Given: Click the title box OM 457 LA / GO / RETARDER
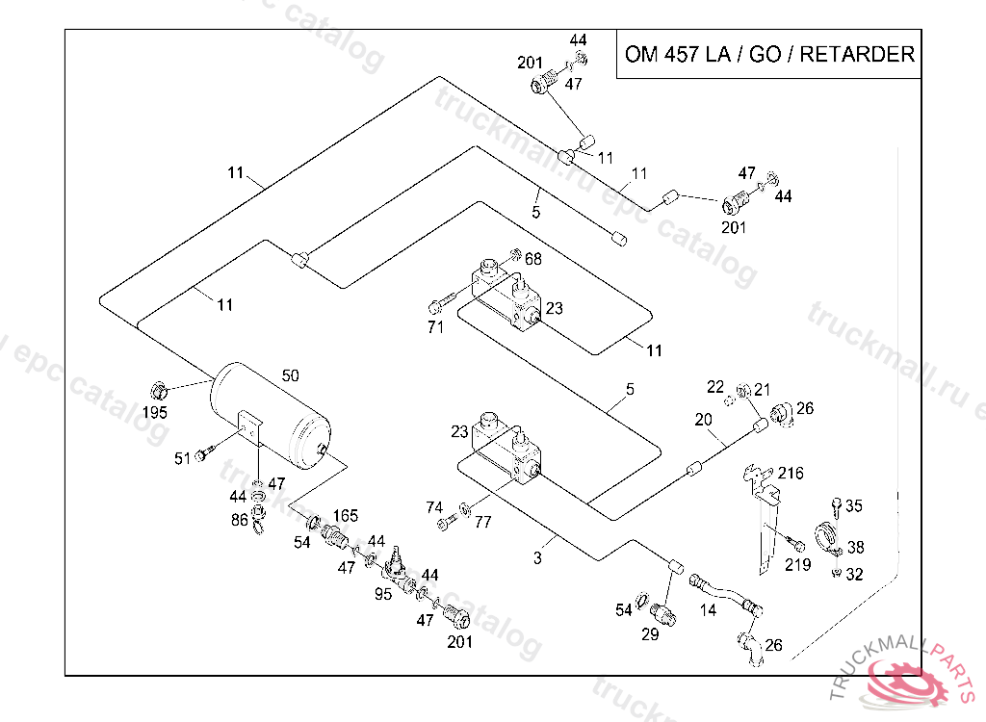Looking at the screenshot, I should pyautogui.click(x=768, y=54).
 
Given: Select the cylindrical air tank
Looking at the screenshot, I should pyautogui.click(x=272, y=415).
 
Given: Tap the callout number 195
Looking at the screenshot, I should pyautogui.click(x=155, y=412).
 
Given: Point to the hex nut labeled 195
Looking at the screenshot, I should pyautogui.click(x=159, y=390).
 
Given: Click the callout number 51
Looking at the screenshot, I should pyautogui.click(x=182, y=458).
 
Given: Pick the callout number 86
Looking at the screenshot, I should pyautogui.click(x=238, y=519).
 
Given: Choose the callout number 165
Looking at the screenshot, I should pyautogui.click(x=346, y=516).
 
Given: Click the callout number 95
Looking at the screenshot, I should pyautogui.click(x=383, y=594).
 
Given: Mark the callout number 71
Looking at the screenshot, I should pyautogui.click(x=435, y=328).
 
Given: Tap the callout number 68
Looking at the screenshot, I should pyautogui.click(x=533, y=259).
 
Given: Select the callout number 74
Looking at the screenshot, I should pyautogui.click(x=435, y=506).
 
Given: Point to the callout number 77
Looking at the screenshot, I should pyautogui.click(x=482, y=523).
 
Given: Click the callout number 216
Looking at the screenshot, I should pyautogui.click(x=791, y=474).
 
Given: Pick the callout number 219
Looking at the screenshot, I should pyautogui.click(x=797, y=565).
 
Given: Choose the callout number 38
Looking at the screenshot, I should pyautogui.click(x=855, y=547).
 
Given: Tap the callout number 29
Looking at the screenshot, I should pyautogui.click(x=650, y=635).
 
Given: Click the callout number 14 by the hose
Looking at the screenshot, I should pyautogui.click(x=708, y=609).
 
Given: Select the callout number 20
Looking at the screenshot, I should pyautogui.click(x=703, y=420).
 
